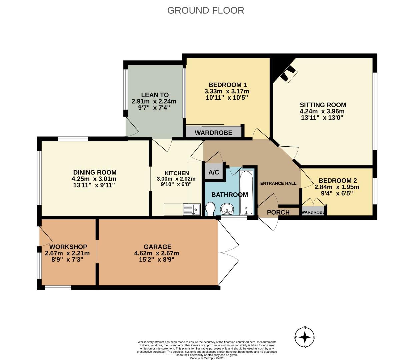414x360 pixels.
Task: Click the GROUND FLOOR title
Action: (205, 10)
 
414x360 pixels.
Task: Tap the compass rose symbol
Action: (305, 337)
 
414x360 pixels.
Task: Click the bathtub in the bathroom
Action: (247, 193)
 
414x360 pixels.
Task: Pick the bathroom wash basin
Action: (227, 209)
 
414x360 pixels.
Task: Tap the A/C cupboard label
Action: (214, 172)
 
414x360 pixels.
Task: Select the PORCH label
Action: (278, 212)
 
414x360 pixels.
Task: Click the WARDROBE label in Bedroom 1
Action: (213, 133)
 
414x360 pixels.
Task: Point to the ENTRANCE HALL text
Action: (278, 183)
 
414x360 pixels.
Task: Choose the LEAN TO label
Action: (155, 95)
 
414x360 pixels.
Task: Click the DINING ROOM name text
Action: (95, 172)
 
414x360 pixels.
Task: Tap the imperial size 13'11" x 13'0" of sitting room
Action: (322, 118)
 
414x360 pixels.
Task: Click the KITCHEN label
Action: (177, 173)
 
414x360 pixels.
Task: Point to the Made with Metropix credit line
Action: (207, 358)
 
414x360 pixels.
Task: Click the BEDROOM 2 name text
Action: (337, 181)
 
